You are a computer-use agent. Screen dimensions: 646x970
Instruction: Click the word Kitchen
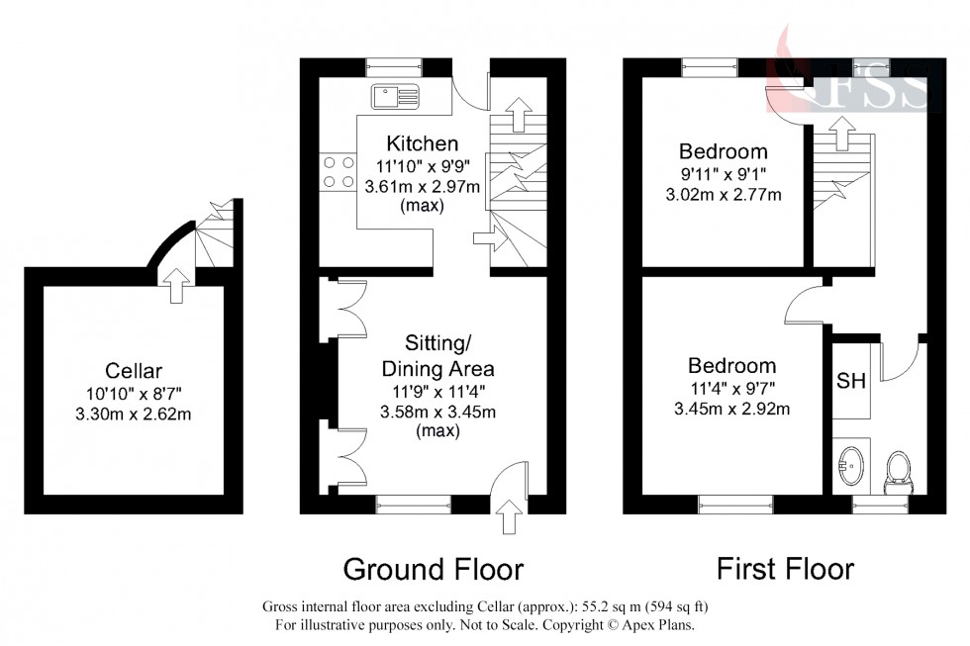click(x=423, y=144)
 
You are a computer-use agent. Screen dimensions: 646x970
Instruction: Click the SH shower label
click(x=850, y=381)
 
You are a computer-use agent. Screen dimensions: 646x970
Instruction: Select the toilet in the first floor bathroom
click(x=899, y=468)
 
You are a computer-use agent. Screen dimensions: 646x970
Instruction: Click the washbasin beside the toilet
click(x=849, y=463)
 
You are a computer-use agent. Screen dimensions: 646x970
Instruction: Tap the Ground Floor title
click(x=433, y=569)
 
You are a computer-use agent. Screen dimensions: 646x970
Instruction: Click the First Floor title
click(x=785, y=569)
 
